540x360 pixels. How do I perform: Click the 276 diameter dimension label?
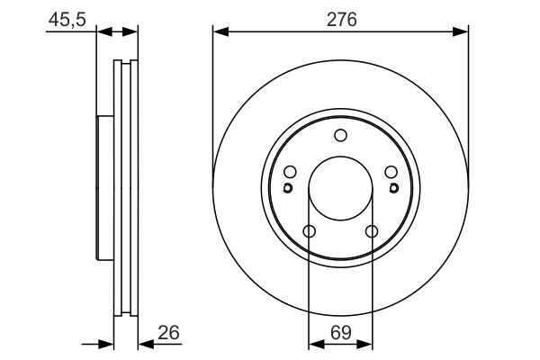[x=341, y=19]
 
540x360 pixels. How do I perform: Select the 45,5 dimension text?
[x=66, y=19]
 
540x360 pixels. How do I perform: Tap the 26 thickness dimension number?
[x=168, y=332]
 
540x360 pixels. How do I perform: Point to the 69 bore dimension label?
[x=340, y=332]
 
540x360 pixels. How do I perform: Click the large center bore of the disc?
[x=340, y=190]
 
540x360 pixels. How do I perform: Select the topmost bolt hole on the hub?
[x=340, y=136]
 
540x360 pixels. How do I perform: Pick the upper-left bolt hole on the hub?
[x=290, y=173]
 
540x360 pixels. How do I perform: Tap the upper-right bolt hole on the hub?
[x=391, y=173]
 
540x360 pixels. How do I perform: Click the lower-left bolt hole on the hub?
[x=309, y=232]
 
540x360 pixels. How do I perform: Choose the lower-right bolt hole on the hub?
[x=372, y=232]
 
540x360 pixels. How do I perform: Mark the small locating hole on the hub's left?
[x=287, y=188]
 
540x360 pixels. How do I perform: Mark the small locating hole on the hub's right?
[x=393, y=188]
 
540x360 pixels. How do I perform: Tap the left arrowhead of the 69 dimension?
[x=315, y=344]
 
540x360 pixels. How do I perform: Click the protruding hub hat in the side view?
[x=103, y=189]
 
